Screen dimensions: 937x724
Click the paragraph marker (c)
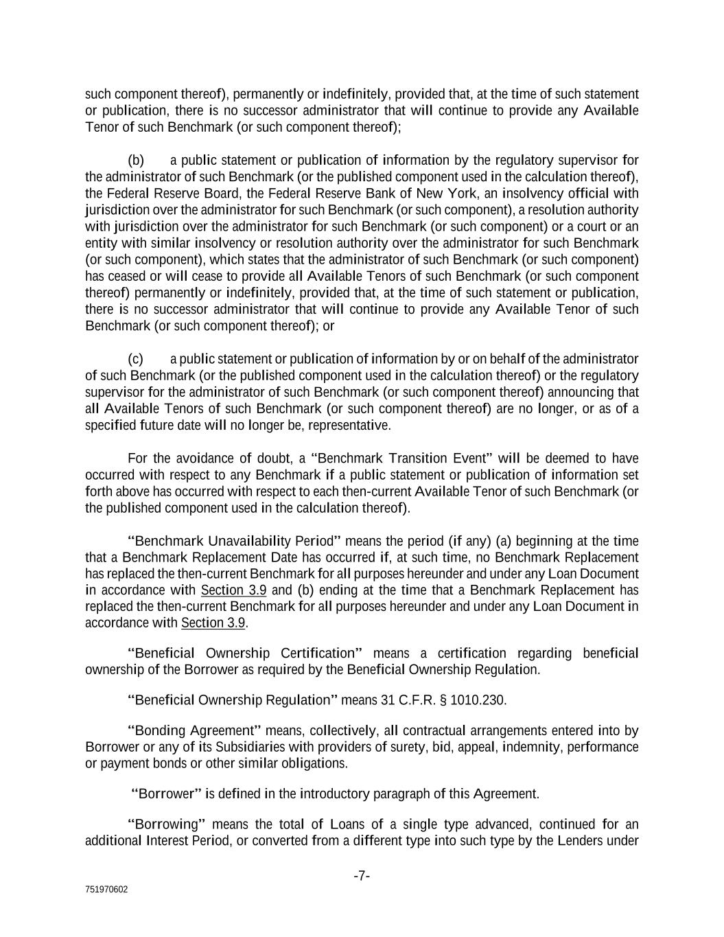tap(135, 359)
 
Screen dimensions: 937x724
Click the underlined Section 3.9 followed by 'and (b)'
tap(233, 590)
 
